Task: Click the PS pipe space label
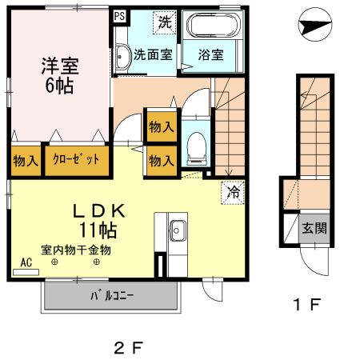coord(119,16)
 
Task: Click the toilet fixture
coord(197,148)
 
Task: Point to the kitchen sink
coord(177,230)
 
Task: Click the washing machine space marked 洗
coord(165,22)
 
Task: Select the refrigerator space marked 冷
coord(233,192)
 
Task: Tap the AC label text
coord(26,262)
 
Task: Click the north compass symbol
coord(315,25)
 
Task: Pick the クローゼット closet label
coord(76,159)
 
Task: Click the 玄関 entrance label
coord(314,228)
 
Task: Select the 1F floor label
coord(307,304)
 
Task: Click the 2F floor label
coord(129,348)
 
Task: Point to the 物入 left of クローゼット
coord(26,161)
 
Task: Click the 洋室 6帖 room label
coord(60,75)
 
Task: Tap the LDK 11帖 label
coord(98,221)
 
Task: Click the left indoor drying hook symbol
coord(54,262)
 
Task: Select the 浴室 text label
coord(210,54)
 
